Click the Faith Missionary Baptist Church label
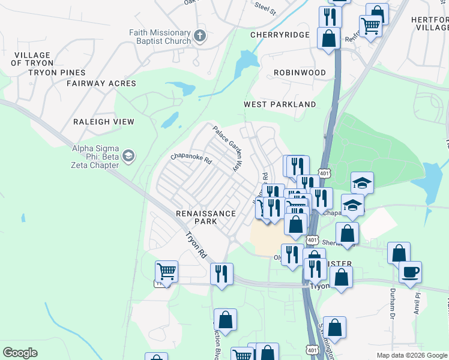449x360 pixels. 160,37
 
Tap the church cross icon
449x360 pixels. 200,36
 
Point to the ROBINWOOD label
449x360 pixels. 300,73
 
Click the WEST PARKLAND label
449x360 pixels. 280,104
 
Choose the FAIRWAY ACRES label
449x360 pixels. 101,83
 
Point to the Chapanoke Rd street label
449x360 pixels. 191,159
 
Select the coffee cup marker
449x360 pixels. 411,272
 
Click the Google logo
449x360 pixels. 20,352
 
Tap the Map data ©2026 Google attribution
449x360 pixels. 412,355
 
